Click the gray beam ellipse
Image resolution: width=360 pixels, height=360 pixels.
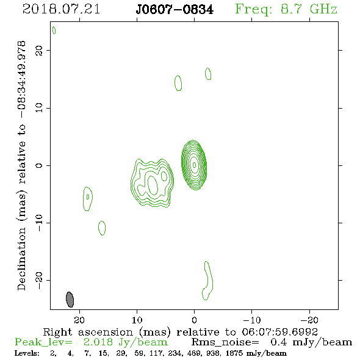pos(70,300)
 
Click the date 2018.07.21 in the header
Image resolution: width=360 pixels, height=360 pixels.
pos(61,9)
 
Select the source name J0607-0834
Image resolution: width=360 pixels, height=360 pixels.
pos(175,9)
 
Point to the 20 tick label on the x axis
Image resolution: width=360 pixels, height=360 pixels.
pos(79,320)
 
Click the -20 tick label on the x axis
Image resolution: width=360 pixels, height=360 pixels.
pos(309,320)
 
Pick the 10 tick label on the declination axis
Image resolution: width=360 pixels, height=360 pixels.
pos(39,108)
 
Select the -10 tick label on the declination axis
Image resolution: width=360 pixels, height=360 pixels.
pos(39,223)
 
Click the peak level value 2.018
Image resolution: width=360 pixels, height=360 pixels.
pos(98,342)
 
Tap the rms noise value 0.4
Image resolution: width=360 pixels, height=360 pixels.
pos(278,342)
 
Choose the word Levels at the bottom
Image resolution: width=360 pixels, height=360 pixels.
pos(27,353)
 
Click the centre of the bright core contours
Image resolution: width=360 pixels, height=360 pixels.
pos(194,165)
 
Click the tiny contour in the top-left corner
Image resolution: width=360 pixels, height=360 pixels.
pos(54,31)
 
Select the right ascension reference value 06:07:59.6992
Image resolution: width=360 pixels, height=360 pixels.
pos(280,332)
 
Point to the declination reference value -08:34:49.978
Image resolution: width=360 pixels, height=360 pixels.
pos(21,79)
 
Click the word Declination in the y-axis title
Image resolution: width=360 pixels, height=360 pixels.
pos(21,259)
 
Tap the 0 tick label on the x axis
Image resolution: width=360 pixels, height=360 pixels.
pos(194,320)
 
